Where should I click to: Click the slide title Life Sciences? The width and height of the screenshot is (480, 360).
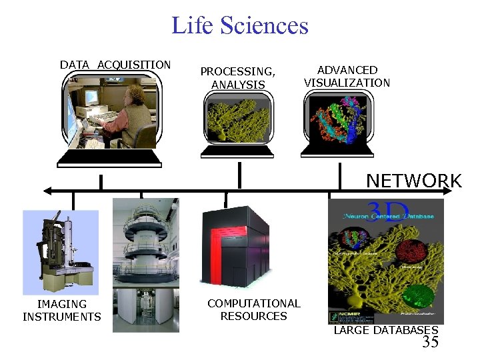[240, 25]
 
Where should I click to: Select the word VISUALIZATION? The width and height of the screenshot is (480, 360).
[347, 83]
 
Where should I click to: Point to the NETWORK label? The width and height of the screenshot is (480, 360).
[413, 181]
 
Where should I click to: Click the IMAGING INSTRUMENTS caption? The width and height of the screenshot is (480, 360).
[61, 311]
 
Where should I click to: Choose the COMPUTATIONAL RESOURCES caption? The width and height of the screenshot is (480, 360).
[253, 309]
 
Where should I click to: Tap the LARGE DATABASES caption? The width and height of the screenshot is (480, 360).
[385, 330]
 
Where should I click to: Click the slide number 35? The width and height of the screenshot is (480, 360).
[431, 343]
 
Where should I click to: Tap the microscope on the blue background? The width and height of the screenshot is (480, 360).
[60, 250]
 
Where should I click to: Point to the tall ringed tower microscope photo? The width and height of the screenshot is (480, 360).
[145, 263]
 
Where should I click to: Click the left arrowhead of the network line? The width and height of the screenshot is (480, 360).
[45, 191]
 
